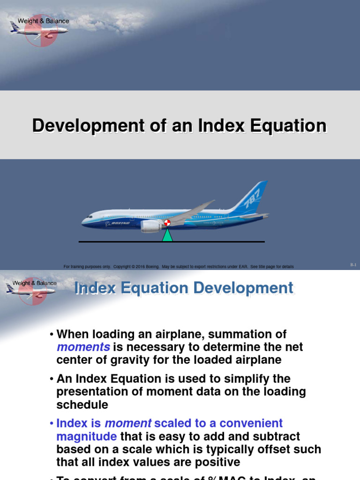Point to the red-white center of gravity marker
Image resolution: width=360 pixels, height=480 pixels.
167,223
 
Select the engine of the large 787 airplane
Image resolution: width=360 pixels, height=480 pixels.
151,226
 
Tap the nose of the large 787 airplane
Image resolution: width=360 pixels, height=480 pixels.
84,222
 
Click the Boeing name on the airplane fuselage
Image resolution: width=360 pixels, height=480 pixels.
120,224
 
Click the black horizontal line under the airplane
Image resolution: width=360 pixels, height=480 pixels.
216,242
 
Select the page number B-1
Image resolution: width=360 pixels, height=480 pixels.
353,265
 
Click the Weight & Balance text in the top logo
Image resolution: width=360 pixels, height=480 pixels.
43,21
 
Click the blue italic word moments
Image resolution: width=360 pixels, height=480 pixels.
83,347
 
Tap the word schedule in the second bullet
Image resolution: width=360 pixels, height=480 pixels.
82,405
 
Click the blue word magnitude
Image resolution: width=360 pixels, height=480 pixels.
86,436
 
